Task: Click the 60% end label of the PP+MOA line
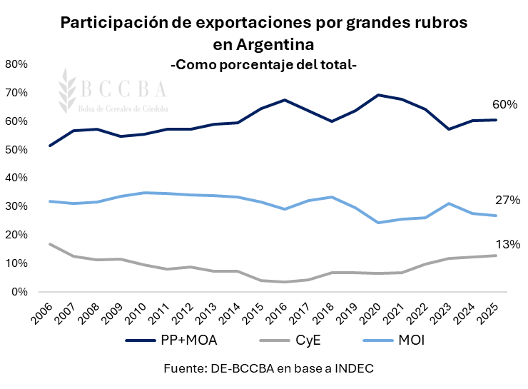504,105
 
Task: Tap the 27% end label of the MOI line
507,200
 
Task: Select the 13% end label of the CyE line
507,244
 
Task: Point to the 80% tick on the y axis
16,64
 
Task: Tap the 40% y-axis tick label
16,178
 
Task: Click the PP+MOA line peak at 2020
377,95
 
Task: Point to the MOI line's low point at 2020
377,223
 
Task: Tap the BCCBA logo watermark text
123,89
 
